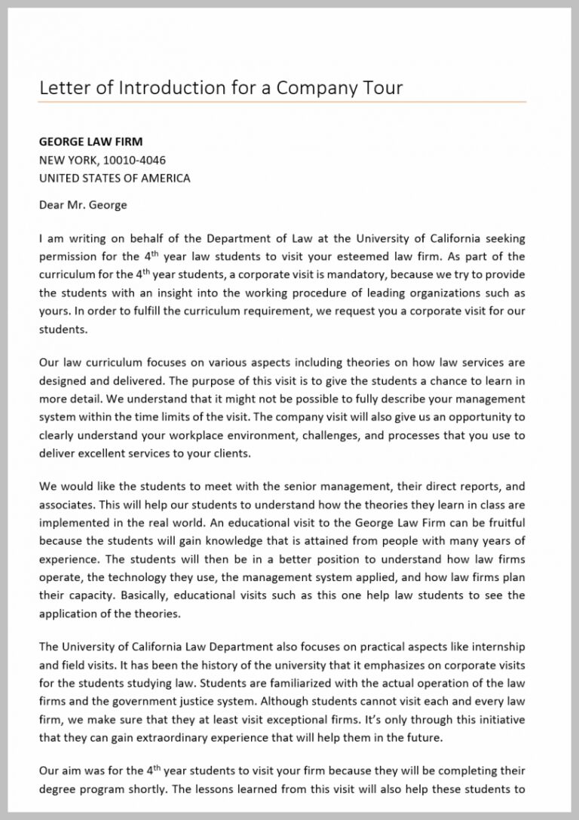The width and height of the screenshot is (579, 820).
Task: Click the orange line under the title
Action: (x=283, y=102)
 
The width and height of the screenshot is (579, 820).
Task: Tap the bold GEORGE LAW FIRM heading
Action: (x=90, y=142)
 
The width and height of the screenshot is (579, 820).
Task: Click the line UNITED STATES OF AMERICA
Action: (x=115, y=179)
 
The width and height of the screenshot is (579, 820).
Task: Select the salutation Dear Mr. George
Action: (x=83, y=204)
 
